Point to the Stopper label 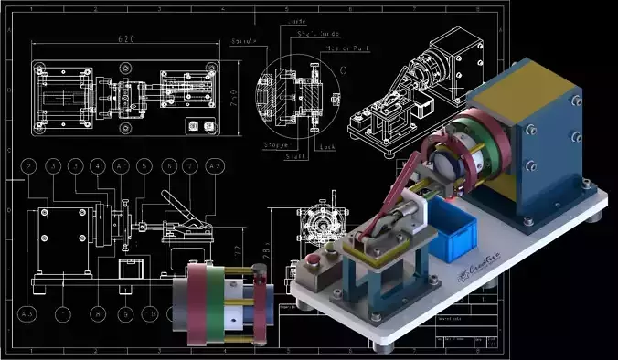coord(276,144)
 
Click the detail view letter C coord(342,67)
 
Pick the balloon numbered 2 coord(30,166)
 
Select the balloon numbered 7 coord(190,166)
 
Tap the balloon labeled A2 coord(215,166)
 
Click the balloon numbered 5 coord(144,166)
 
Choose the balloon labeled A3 coord(27,313)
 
